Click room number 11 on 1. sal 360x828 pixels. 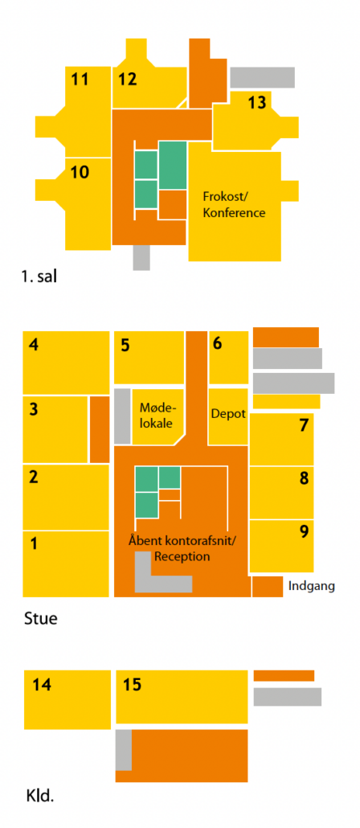[x=80, y=80]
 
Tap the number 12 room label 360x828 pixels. [x=128, y=80]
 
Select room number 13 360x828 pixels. [x=257, y=102]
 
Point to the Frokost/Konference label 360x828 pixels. [x=234, y=205]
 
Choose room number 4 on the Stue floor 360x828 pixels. [x=34, y=346]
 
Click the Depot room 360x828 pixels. [x=228, y=413]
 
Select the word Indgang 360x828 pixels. [x=312, y=585]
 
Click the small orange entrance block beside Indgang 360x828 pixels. [x=267, y=587]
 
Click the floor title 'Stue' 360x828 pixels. [x=41, y=618]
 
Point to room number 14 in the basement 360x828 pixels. [x=42, y=685]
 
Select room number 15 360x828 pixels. [x=132, y=685]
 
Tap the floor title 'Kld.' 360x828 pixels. [x=40, y=796]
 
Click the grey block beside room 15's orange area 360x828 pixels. [x=124, y=750]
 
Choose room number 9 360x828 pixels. [x=304, y=531]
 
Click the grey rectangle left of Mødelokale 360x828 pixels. [x=122, y=416]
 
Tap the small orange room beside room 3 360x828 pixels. [x=100, y=428]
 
